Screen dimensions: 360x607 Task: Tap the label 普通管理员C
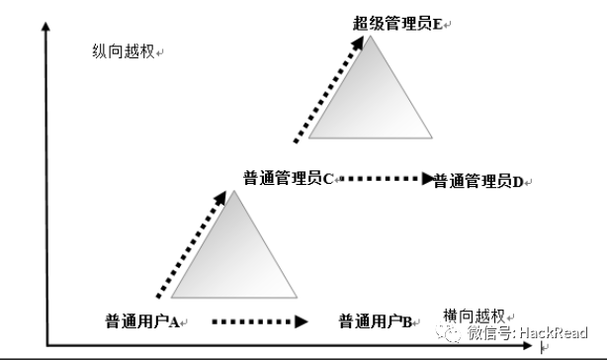[x=288, y=178]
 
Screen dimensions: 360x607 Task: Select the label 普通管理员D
[x=478, y=182]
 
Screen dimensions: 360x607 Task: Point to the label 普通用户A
[x=141, y=320]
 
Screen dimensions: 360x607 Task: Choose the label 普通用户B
[x=376, y=320]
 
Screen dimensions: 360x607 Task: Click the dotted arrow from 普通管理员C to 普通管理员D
[x=386, y=179]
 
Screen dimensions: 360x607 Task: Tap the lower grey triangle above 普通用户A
[x=235, y=252]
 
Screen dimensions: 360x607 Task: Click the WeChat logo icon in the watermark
[x=451, y=333]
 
